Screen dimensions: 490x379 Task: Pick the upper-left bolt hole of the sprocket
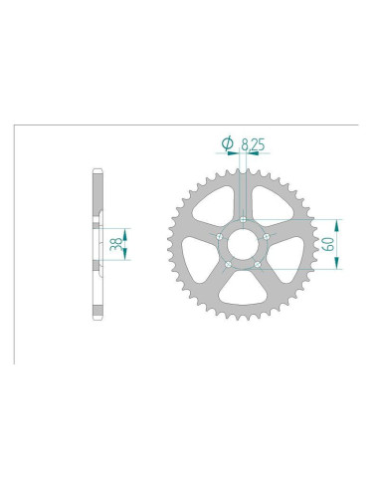click(x=220, y=236)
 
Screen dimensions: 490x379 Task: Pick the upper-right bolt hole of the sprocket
click(x=268, y=236)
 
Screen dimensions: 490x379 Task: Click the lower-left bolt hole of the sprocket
click(x=229, y=265)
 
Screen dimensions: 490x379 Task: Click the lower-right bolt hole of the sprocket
click(x=259, y=265)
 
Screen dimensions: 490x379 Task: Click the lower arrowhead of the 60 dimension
click(x=338, y=264)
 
